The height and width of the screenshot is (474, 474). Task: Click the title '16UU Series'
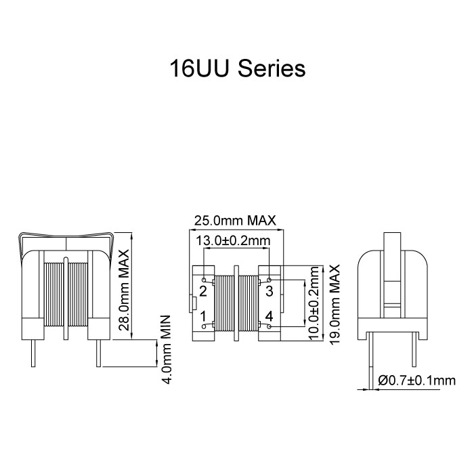tap(237, 69)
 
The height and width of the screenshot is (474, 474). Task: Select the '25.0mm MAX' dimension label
tap(235, 221)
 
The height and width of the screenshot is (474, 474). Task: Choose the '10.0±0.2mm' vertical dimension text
tap(314, 305)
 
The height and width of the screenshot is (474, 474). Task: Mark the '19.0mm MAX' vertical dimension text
tap(334, 305)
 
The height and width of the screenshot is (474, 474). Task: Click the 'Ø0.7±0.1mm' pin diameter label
tap(417, 382)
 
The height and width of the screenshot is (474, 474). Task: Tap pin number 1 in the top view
tap(203, 316)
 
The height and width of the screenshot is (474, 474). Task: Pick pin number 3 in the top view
tap(269, 291)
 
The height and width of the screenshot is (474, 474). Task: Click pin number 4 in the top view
tap(269, 316)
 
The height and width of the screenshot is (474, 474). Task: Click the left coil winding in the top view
tap(223, 304)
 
